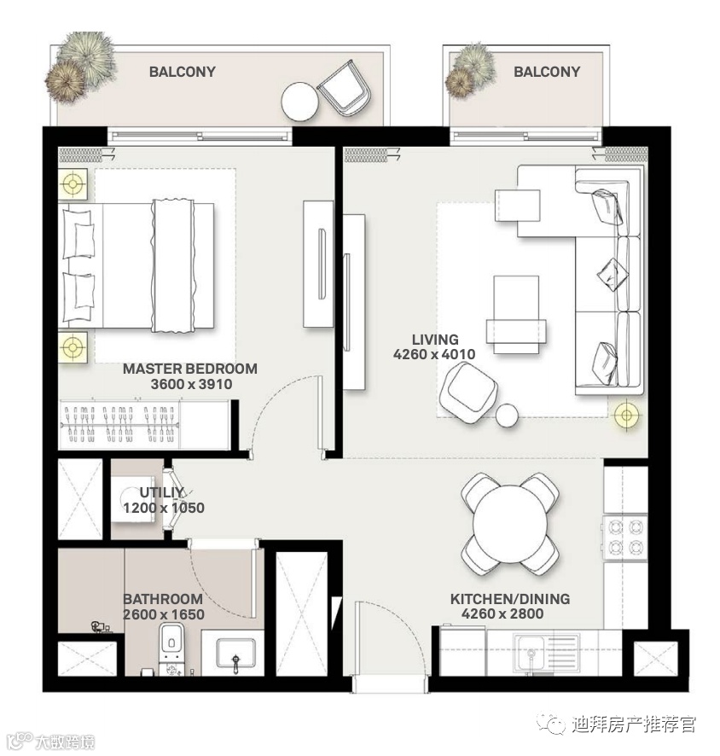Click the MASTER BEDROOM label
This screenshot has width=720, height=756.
click(190, 369)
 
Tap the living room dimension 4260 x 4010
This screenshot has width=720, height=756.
click(433, 354)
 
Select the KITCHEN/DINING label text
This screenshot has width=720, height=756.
click(510, 599)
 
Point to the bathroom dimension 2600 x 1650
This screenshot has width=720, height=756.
click(164, 614)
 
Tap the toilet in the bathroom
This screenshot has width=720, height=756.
click(171, 649)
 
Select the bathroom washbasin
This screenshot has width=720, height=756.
click(235, 653)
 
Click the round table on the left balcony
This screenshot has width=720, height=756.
click(299, 102)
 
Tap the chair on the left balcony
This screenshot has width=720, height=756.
click(344, 88)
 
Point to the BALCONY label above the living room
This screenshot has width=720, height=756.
click(547, 72)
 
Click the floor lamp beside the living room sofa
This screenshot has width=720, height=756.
click(626, 414)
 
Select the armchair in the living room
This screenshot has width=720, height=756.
click(468, 393)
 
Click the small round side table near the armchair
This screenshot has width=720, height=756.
click(507, 416)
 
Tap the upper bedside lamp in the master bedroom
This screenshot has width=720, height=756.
click(73, 183)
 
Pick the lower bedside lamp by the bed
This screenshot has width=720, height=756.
click(73, 346)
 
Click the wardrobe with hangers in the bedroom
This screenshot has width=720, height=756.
click(144, 424)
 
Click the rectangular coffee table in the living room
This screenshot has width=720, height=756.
click(516, 315)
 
